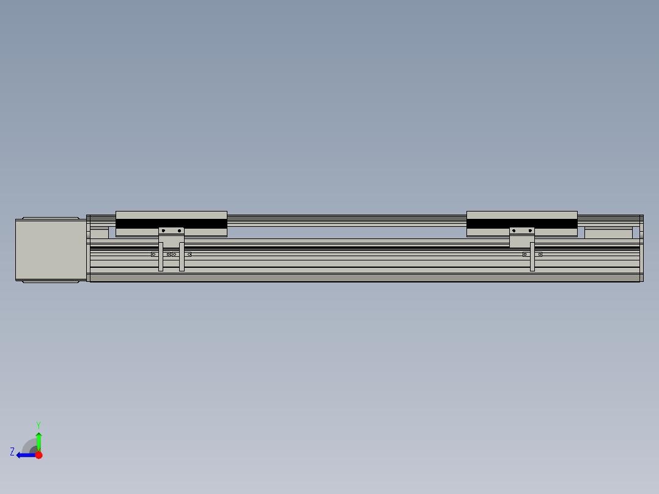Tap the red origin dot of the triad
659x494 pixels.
pyautogui.click(x=39, y=455)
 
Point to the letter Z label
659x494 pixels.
pyautogui.click(x=12, y=452)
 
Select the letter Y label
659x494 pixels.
pyautogui.click(x=39, y=424)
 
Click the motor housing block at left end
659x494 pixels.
pyautogui.click(x=51, y=250)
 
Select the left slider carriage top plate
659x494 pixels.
pyautogui.click(x=171, y=215)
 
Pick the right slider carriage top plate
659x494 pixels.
pyautogui.click(x=521, y=215)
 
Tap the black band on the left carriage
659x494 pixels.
pyautogui.click(x=171, y=224)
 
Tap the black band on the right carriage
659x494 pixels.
pyautogui.click(x=521, y=224)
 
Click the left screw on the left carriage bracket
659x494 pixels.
pyautogui.click(x=163, y=230)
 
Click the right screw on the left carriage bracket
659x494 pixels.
pyautogui.click(x=179, y=230)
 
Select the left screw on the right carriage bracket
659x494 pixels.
pyautogui.click(x=514, y=230)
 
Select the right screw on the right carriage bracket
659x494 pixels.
pyautogui.click(x=529, y=230)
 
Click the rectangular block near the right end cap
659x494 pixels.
pyautogui.click(x=608, y=233)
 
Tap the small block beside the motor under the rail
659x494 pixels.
pyautogui.click(x=99, y=233)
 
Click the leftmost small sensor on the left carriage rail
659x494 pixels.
pyautogui.click(x=153, y=254)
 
